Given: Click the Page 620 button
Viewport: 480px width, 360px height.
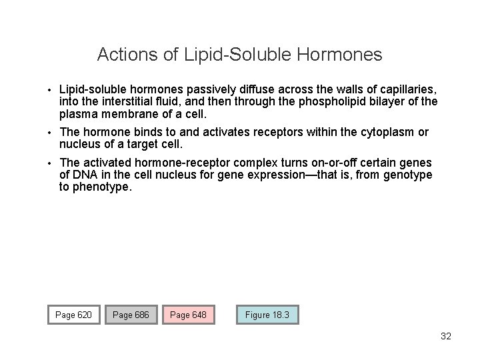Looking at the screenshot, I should coord(74,315).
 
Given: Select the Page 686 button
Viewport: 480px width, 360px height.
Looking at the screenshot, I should coord(131,315).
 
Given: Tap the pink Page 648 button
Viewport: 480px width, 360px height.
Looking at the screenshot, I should coord(189,315).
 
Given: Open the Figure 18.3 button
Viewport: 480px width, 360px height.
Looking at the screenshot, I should coord(267,315).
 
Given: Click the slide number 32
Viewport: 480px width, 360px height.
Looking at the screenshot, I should coord(446,336).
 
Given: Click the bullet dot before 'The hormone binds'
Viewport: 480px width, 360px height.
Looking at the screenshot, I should coord(50,133).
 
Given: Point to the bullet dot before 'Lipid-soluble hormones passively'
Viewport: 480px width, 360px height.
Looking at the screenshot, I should coord(50,89).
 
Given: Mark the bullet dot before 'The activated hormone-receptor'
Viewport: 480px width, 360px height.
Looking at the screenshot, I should coord(50,163).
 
